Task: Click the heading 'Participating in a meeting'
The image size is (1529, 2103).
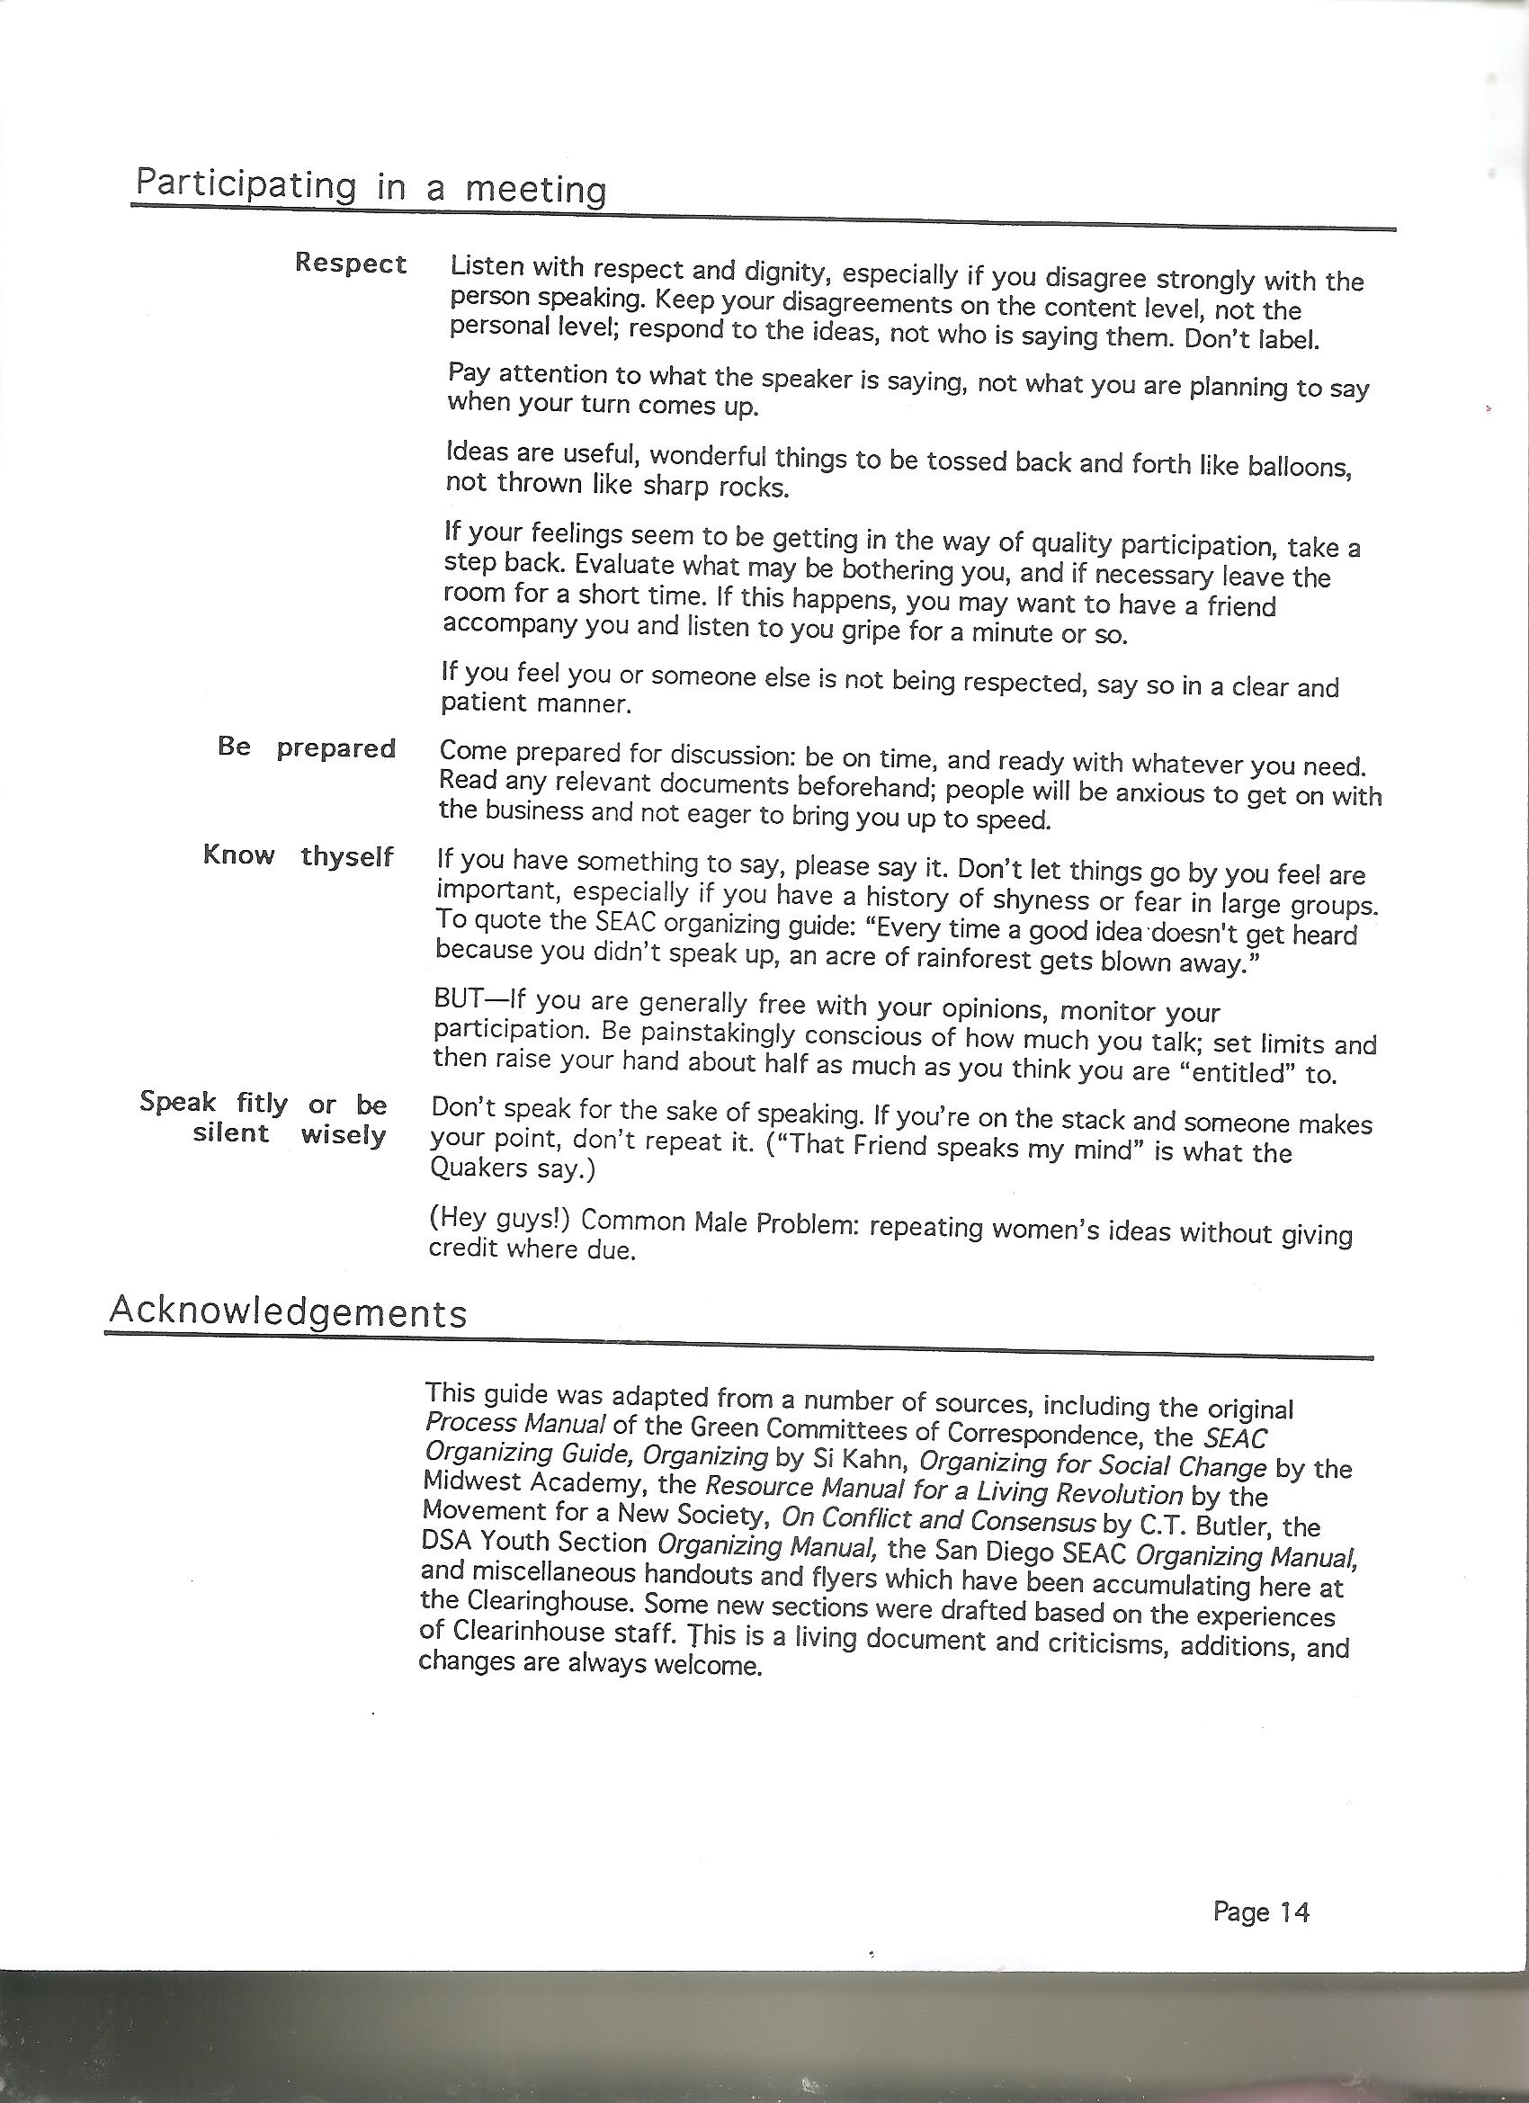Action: point(371,186)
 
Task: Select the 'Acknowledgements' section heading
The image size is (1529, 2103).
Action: point(288,1312)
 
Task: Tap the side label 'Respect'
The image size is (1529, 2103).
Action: point(351,264)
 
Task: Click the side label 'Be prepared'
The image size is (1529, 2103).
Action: point(307,747)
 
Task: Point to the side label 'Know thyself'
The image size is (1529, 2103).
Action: point(299,855)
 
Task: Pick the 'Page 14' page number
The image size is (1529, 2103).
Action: point(1260,1904)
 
